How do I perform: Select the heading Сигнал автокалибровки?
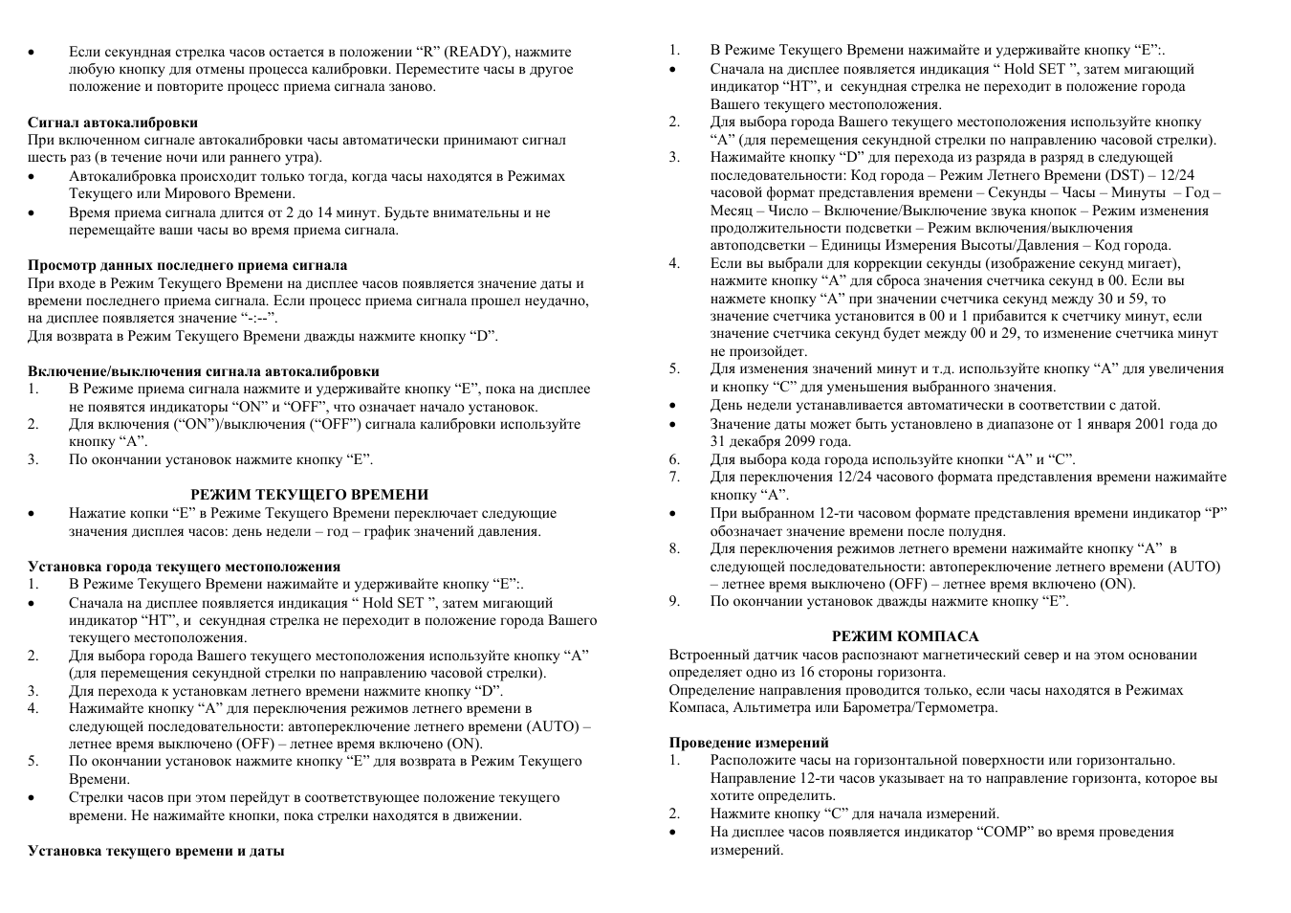(113, 122)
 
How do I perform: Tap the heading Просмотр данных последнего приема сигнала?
(187, 265)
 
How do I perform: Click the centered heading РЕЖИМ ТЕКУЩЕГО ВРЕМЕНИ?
(309, 495)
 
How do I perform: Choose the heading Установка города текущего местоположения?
(185, 567)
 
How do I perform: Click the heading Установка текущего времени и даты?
(156, 850)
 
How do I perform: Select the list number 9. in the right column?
(674, 601)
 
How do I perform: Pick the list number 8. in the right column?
(674, 548)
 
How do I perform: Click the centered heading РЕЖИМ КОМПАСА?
(905, 636)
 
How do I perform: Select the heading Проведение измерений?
(749, 743)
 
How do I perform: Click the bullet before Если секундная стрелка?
(33, 53)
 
